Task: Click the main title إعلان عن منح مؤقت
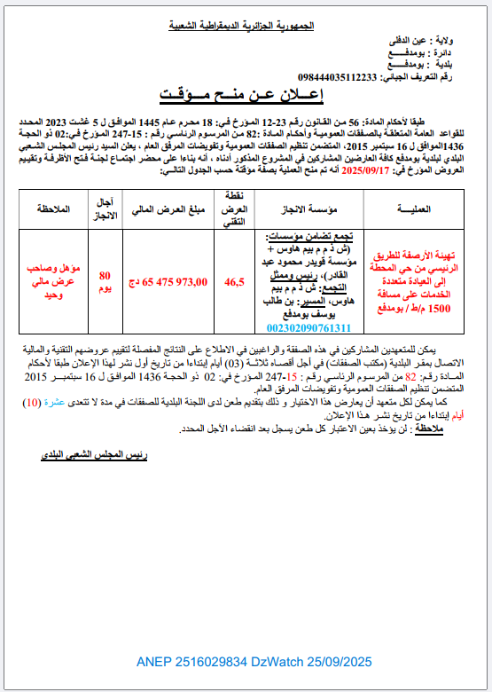[x=246, y=92]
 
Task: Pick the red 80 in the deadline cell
[x=105, y=275]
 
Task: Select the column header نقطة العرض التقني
[x=235, y=208]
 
